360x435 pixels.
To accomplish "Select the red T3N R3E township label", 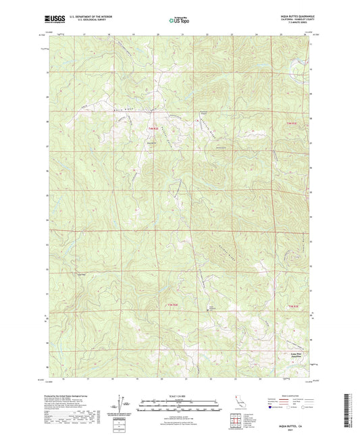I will [292, 307].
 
